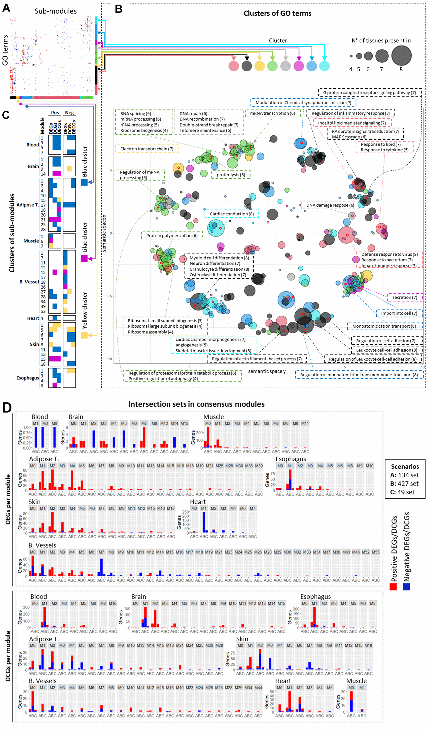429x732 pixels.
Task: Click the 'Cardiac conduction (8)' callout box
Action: click(232, 214)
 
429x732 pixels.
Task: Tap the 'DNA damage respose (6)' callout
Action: click(330, 205)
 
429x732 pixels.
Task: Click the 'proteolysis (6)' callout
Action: click(231, 175)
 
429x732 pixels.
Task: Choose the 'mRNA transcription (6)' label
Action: click(272, 113)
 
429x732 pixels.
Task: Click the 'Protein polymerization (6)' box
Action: click(172, 235)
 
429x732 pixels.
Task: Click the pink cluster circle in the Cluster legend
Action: click(234, 66)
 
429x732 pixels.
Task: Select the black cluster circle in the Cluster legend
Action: click(246, 66)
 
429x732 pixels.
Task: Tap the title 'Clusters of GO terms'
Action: click(277, 13)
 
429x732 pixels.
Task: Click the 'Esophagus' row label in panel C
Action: click(28, 378)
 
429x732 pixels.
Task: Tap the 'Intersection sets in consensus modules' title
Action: click(196, 404)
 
